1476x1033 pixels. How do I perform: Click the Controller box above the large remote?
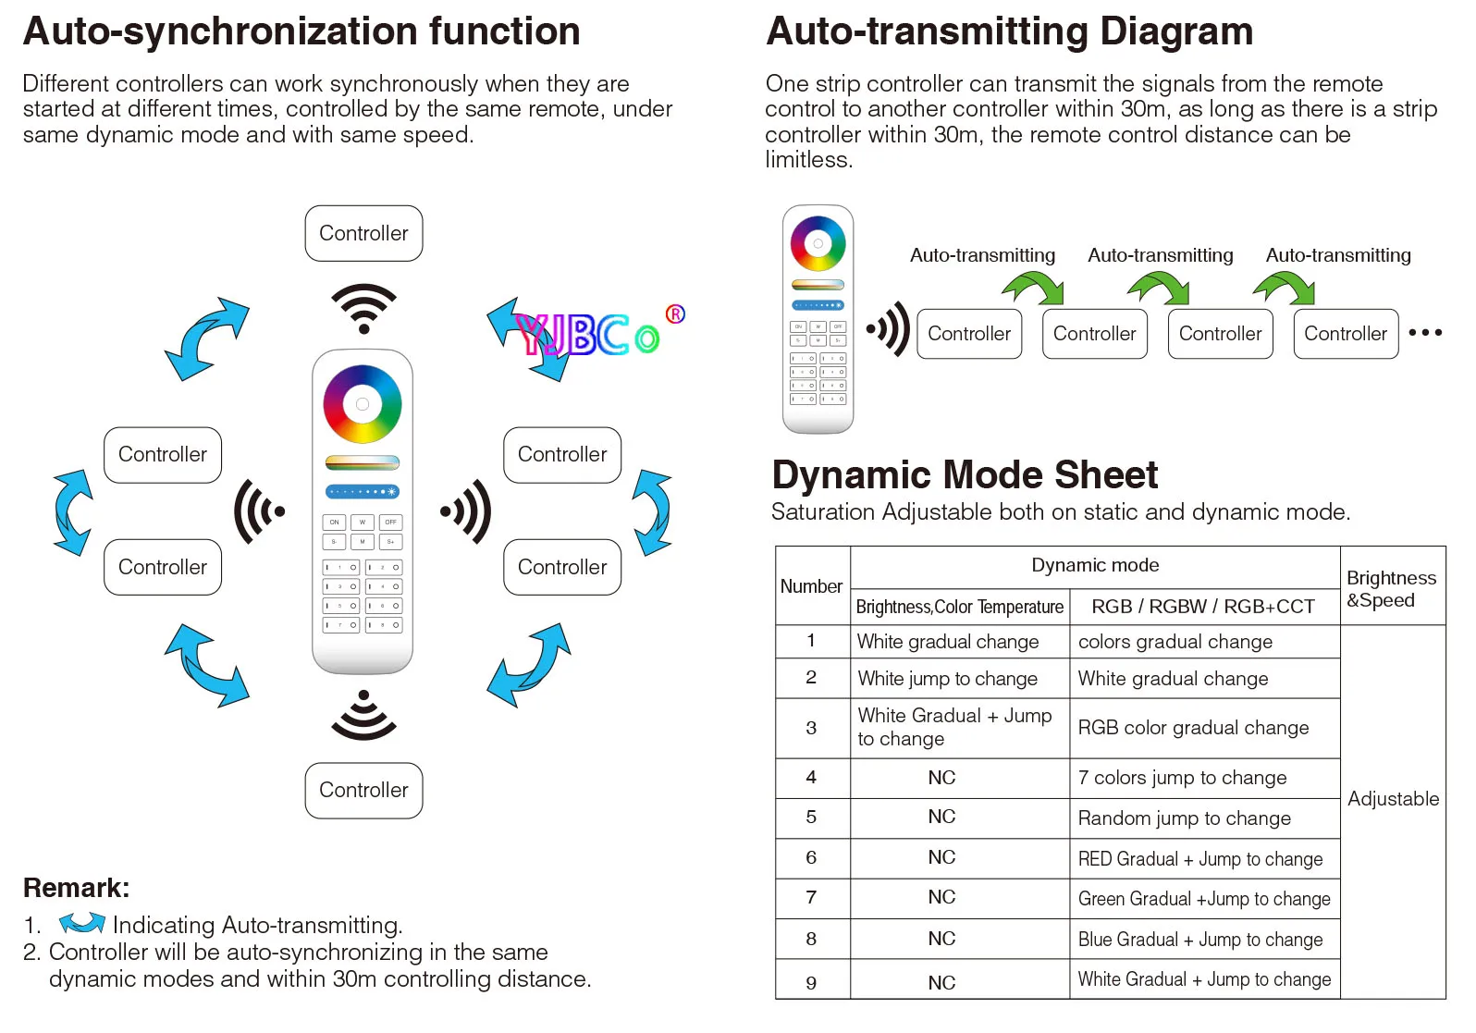point(363,233)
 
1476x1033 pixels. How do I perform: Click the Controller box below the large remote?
point(363,790)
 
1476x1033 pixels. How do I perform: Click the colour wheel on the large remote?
point(363,404)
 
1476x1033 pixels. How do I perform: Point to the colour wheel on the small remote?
point(818,243)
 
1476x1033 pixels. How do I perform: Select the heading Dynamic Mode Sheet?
point(965,474)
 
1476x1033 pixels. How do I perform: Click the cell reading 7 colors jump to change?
point(1204,778)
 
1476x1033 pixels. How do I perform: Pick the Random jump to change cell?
point(1204,818)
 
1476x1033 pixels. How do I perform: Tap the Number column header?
point(812,585)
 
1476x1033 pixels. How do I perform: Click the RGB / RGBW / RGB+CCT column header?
point(1203,606)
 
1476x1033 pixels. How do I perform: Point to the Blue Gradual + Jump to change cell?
point(1204,939)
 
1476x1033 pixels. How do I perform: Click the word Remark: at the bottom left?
point(77,888)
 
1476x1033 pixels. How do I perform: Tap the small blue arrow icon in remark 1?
point(81,923)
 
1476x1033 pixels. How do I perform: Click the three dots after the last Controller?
point(1425,333)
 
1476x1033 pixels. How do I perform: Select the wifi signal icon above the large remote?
point(363,308)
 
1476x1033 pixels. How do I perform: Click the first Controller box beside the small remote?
point(969,334)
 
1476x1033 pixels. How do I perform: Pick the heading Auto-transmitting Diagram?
point(1009,31)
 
